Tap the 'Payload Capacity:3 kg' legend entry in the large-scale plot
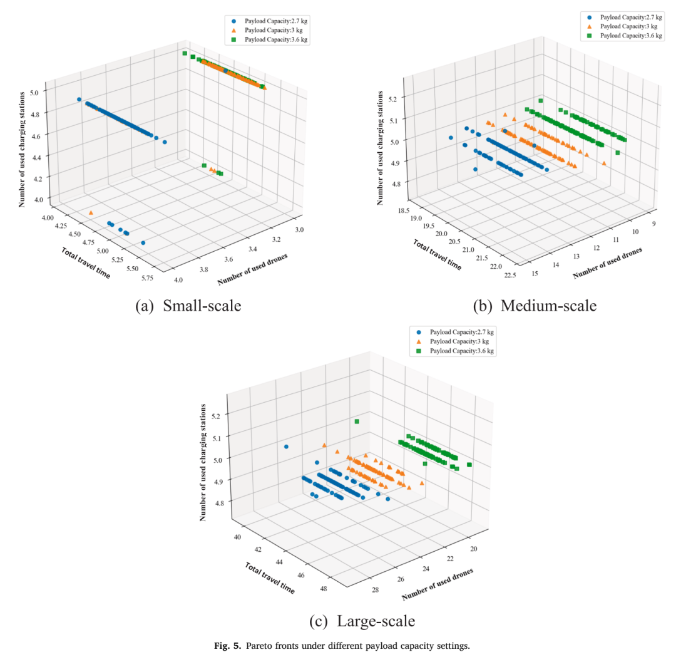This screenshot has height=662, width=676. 453,341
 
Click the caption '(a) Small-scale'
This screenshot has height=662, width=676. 188,306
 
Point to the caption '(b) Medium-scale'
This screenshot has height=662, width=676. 535,306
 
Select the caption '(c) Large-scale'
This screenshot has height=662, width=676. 362,621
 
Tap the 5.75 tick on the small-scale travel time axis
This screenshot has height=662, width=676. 147,277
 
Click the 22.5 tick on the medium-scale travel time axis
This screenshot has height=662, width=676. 510,275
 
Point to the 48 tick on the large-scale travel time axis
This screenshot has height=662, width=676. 324,589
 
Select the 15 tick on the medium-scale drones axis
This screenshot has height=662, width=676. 535,274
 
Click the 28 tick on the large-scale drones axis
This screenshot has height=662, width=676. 376,589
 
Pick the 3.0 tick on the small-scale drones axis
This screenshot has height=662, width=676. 299,229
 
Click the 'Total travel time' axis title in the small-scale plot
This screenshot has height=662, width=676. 86,263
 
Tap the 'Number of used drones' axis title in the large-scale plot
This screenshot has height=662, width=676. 437,584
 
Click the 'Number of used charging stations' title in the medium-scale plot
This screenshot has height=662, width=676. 380,148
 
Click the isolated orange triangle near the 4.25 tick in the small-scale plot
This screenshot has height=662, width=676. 91,212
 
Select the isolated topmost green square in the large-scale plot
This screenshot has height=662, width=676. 357,422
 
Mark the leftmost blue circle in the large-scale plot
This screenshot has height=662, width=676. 286,447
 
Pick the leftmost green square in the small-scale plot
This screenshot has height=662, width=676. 185,53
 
